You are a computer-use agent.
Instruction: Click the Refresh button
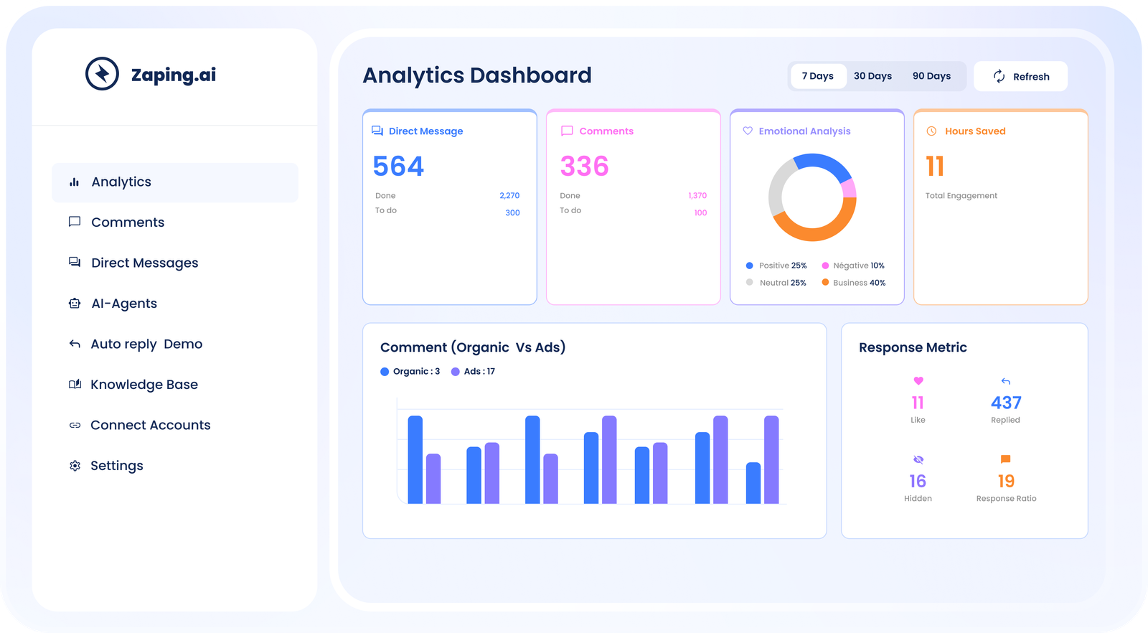(x=1020, y=76)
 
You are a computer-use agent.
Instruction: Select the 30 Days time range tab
(x=872, y=76)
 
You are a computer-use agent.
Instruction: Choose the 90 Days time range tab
(x=931, y=76)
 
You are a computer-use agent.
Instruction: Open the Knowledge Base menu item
(x=143, y=385)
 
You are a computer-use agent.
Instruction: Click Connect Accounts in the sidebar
(x=150, y=425)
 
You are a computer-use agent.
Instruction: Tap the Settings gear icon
(x=75, y=466)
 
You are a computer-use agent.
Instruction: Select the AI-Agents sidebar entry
(x=123, y=304)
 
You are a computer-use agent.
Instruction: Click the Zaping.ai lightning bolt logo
(x=102, y=74)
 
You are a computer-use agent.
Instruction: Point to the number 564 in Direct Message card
(x=398, y=167)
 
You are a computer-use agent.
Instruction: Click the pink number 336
(x=584, y=167)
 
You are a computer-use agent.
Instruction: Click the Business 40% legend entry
(x=854, y=283)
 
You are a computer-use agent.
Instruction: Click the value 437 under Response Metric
(x=1006, y=403)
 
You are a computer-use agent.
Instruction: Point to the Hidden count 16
(x=918, y=481)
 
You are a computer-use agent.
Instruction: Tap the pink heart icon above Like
(x=918, y=381)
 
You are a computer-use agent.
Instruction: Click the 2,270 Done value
(x=509, y=195)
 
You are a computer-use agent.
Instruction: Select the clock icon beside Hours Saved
(x=931, y=131)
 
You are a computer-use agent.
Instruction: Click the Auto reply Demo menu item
(x=146, y=344)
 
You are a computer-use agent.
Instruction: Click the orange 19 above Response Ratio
(x=1006, y=481)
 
